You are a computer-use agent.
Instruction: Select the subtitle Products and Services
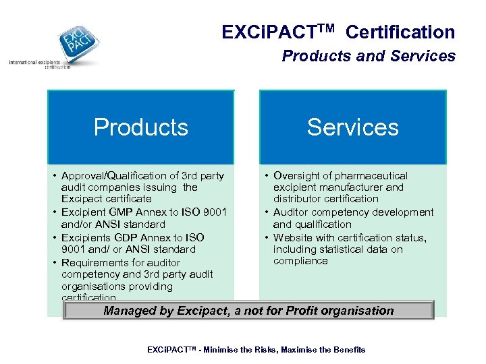coord(369,56)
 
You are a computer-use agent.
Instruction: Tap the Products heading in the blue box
coord(140,127)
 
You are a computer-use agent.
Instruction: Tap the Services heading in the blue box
coord(352,127)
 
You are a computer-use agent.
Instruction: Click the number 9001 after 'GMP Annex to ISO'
coord(214,212)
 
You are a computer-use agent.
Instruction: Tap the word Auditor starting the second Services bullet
coord(292,212)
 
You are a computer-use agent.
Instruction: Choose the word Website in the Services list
coord(294,237)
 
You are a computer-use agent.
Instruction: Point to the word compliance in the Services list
coord(300,261)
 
